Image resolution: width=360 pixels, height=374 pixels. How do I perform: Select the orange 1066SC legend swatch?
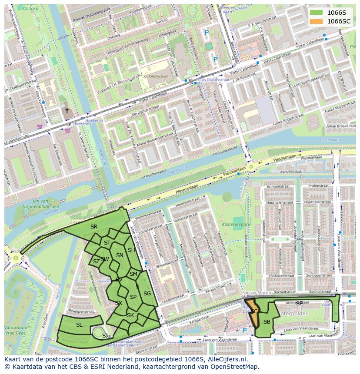coord(317,21)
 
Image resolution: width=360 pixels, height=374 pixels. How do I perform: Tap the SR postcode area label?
coord(94,226)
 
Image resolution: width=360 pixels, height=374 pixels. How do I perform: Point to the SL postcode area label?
coord(79,324)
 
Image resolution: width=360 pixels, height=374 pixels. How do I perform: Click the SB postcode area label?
coord(267,321)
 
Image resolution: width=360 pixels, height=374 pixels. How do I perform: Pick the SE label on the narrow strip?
coord(299,303)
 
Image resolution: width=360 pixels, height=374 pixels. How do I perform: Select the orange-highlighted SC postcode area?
coord(254,312)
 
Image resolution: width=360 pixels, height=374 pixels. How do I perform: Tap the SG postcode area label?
coord(147,294)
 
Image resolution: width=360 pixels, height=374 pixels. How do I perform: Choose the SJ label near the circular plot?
coord(105,335)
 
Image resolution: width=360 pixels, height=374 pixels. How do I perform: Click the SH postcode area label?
coord(131,250)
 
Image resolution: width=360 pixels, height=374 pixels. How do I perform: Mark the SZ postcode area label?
coord(96,261)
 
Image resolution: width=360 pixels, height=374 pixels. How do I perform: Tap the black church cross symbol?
coord(67,111)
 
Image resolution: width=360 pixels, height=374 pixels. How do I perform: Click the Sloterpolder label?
coord(292,313)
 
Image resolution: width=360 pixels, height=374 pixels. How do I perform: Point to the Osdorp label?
coord(30,8)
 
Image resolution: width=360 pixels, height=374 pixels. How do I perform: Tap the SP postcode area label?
coord(133,297)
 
